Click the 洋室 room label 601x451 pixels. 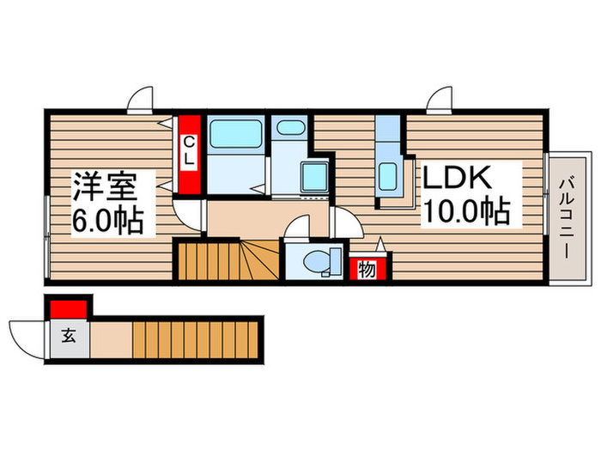[x=112, y=185]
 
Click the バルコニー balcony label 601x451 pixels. [x=568, y=217]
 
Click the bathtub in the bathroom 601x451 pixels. [x=235, y=133]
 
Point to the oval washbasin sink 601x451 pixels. [x=290, y=130]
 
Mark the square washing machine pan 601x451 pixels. [x=314, y=178]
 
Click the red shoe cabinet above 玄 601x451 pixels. [x=70, y=307]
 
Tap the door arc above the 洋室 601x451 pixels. [x=140, y=101]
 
